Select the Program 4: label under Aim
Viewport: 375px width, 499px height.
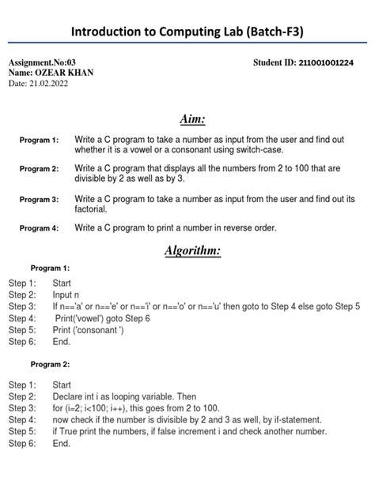click(40, 228)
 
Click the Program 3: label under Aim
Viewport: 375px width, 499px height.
click(40, 200)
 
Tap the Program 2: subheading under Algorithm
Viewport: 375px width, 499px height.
click(50, 364)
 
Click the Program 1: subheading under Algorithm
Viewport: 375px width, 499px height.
click(50, 267)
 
